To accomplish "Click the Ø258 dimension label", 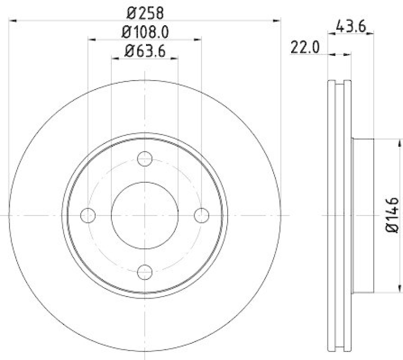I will click(144, 11).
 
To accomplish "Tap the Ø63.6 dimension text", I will click(145, 50).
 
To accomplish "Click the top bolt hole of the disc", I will click(145, 158).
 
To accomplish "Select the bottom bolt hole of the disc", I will click(145, 272).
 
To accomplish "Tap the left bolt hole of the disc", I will click(88, 215).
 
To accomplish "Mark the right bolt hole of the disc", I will click(201, 215).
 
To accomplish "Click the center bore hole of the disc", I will click(145, 215).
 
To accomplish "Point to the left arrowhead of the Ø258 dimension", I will click(13, 21).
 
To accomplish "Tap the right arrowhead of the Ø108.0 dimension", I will click(198, 39).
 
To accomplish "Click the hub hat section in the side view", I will click(363, 215).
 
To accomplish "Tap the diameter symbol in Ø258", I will click(128, 11).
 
